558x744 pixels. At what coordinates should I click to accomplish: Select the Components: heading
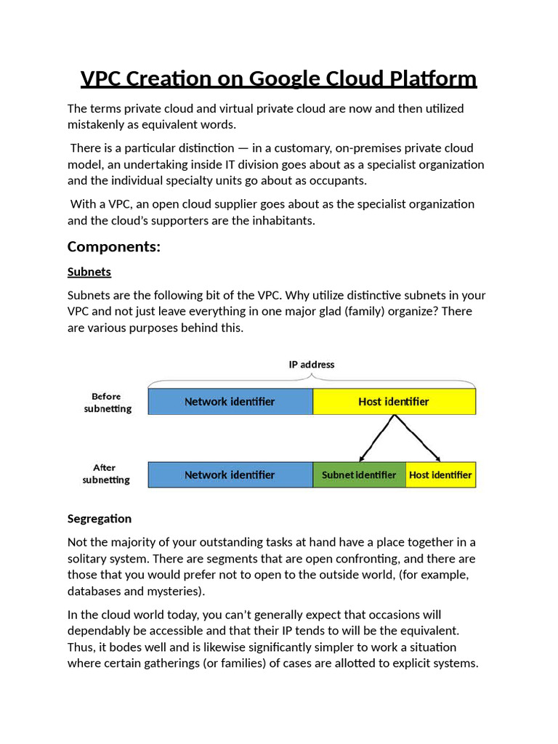tap(113, 246)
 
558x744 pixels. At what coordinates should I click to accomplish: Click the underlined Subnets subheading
tap(89, 272)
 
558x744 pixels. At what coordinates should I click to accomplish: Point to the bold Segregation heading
tap(100, 518)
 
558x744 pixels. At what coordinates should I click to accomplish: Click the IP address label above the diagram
tap(312, 364)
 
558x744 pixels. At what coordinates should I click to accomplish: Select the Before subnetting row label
tap(107, 403)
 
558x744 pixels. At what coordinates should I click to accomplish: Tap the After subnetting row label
tap(106, 474)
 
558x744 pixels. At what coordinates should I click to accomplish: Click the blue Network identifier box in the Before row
tap(230, 402)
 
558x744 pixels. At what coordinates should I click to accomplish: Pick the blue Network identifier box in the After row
tap(230, 474)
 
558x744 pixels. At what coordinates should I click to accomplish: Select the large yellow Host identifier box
tap(394, 402)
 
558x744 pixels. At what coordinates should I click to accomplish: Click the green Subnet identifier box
tap(359, 474)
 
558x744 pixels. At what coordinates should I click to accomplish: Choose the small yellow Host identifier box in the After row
tap(440, 474)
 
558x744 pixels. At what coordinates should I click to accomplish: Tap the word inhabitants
tap(280, 220)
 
